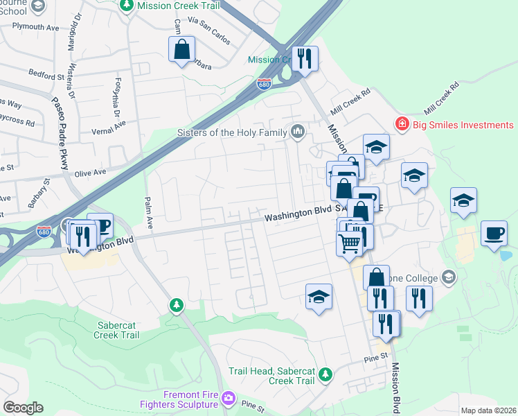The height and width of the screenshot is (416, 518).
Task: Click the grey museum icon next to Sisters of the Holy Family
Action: point(298,131)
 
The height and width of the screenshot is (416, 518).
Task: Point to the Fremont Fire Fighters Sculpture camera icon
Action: point(229,399)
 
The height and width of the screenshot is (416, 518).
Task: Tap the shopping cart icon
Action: point(350,243)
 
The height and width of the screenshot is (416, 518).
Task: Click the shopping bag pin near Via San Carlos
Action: point(181,49)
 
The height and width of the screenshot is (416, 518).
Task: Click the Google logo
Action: point(23,408)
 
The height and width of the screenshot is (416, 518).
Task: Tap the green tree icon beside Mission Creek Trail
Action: point(127,6)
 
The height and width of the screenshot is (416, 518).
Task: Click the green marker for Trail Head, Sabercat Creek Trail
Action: point(325,376)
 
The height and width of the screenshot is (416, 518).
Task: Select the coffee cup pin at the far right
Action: point(493,233)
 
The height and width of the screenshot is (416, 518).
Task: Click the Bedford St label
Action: point(46,72)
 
